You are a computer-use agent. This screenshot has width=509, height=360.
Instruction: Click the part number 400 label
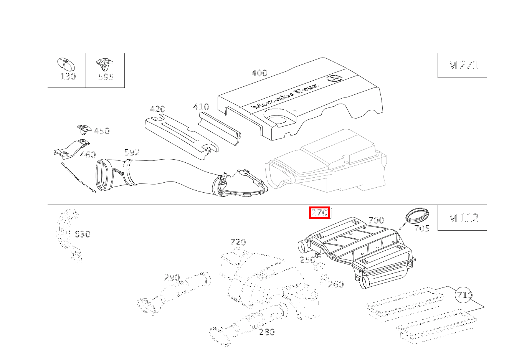259,73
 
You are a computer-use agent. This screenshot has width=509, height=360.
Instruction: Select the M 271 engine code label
463,65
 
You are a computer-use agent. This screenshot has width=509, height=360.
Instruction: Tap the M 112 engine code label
463,218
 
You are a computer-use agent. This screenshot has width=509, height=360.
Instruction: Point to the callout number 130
68,76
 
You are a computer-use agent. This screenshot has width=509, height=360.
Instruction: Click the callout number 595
106,77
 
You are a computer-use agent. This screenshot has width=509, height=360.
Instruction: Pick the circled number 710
464,295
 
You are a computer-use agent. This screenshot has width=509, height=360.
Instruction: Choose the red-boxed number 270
319,213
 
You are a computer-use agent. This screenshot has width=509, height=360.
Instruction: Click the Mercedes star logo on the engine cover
334,78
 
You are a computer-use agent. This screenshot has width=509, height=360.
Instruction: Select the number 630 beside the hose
82,234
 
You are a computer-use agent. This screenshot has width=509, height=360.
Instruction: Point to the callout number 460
88,155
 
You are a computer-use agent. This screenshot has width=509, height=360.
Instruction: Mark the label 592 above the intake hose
132,152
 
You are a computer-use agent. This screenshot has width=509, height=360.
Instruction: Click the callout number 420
157,109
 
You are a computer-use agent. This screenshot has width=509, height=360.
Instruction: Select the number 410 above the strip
201,107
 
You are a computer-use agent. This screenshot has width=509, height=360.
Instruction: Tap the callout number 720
238,242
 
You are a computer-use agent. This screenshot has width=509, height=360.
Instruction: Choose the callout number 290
172,277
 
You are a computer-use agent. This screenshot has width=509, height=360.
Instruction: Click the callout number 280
267,332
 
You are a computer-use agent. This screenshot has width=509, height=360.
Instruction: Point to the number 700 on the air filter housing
376,220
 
